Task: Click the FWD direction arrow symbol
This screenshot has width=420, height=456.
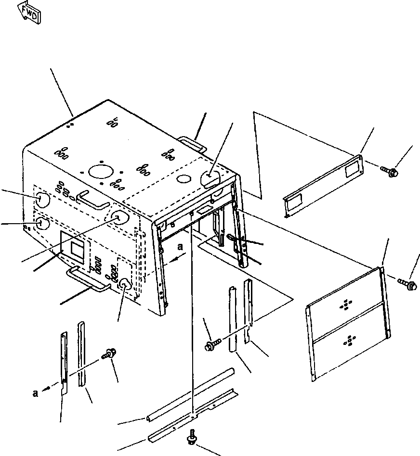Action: pyautogui.click(x=29, y=12)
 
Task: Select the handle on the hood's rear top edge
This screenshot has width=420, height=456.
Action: pyautogui.click(x=192, y=143)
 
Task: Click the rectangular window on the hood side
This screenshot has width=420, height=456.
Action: pyautogui.click(x=77, y=247)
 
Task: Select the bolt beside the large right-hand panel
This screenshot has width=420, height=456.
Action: pyautogui.click(x=407, y=284)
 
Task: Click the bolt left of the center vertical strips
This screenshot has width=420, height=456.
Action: pyautogui.click(x=212, y=344)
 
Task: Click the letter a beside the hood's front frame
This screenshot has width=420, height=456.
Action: pyautogui.click(x=180, y=247)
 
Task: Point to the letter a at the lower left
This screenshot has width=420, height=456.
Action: pyautogui.click(x=36, y=393)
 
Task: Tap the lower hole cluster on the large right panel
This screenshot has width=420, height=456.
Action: pyautogui.click(x=348, y=341)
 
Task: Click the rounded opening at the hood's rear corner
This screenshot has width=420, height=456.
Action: pyautogui.click(x=210, y=177)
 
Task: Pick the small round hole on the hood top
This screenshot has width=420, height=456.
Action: pyautogui.click(x=184, y=178)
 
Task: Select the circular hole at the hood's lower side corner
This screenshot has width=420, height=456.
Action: pyautogui.click(x=125, y=285)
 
